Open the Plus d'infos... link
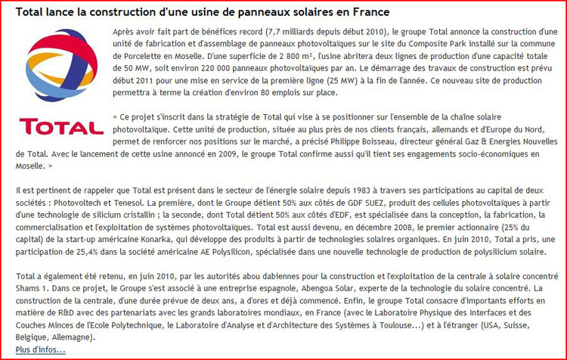pos(40,349)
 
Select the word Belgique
pos(34,337)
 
